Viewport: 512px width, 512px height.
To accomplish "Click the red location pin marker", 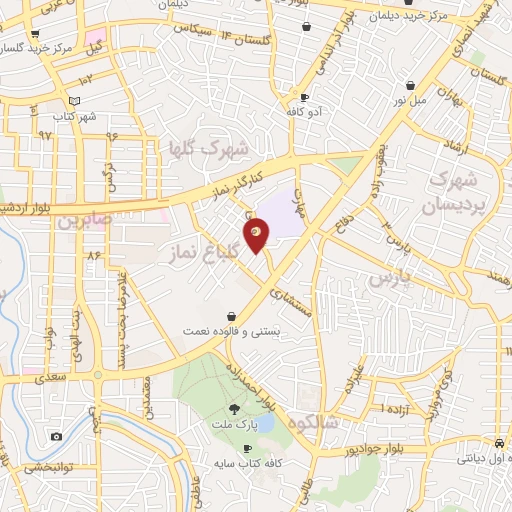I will pyautogui.click(x=257, y=233).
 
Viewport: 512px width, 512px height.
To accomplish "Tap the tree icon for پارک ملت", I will pyautogui.click(x=235, y=408).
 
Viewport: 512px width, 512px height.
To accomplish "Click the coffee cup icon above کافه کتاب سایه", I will pyautogui.click(x=234, y=448).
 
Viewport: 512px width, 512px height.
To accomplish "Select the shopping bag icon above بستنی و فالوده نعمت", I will pyautogui.click(x=232, y=315).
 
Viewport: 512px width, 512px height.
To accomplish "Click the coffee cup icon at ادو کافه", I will pyautogui.click(x=304, y=97).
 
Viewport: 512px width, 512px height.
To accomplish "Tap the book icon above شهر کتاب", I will pyautogui.click(x=74, y=101).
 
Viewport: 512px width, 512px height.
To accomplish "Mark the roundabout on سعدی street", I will pyautogui.click(x=98, y=375).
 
